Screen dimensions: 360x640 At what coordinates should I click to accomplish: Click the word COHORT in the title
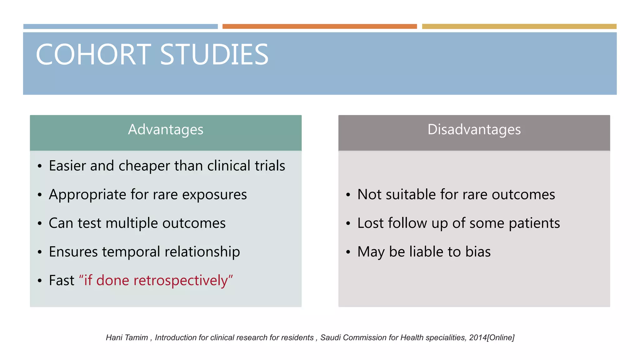pyautogui.click(x=93, y=55)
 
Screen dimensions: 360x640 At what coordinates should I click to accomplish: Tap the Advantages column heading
pyautogui.click(x=166, y=130)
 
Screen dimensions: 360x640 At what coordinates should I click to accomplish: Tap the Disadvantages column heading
pyautogui.click(x=474, y=130)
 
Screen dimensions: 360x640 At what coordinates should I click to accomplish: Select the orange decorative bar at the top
pyautogui.click(x=319, y=27)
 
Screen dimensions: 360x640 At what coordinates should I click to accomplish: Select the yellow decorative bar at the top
pyautogui.click(x=519, y=27)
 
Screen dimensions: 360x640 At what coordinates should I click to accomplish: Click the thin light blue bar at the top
pyautogui.click(x=120, y=27)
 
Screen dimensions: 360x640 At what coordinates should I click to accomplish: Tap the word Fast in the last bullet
pyautogui.click(x=62, y=280)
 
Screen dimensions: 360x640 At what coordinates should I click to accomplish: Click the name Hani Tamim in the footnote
pyautogui.click(x=127, y=337)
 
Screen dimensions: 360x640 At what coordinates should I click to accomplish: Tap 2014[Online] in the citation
pyautogui.click(x=492, y=337)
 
